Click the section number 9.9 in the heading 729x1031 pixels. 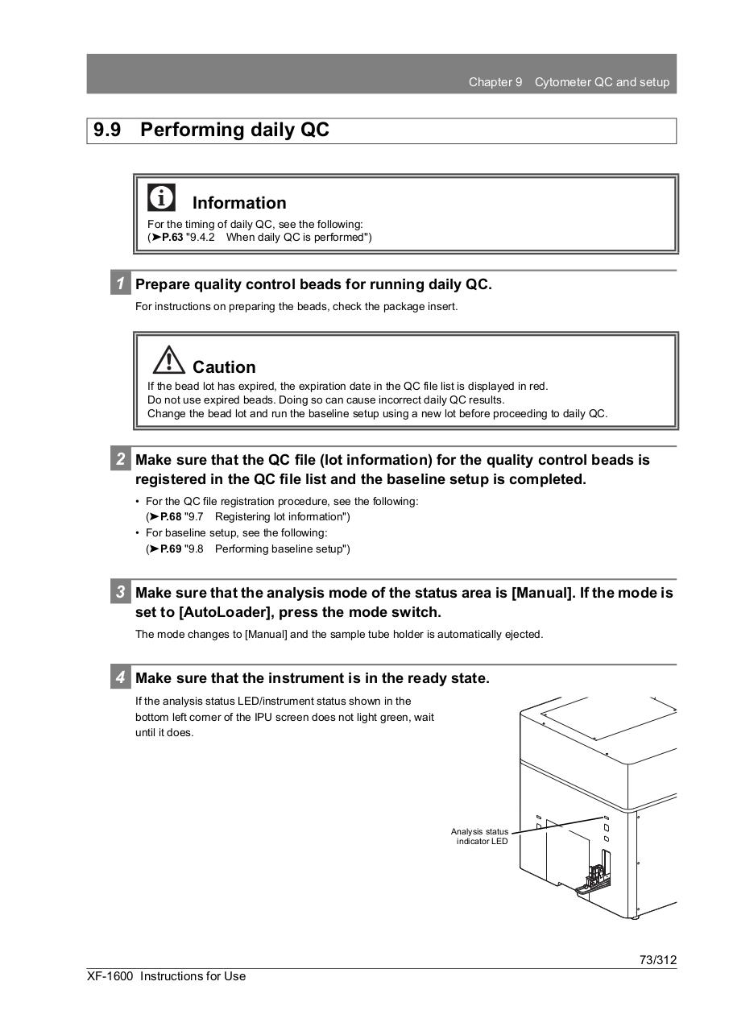107,130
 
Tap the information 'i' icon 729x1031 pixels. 161,197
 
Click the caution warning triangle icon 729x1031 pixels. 168,359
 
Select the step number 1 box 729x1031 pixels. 120,284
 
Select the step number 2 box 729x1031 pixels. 120,460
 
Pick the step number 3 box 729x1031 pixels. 120,592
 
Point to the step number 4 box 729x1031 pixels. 120,678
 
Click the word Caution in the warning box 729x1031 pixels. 224,367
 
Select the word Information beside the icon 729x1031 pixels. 239,203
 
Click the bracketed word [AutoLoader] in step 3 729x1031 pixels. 229,612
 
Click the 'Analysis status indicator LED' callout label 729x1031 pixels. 480,836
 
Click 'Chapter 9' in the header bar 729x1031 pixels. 495,82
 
